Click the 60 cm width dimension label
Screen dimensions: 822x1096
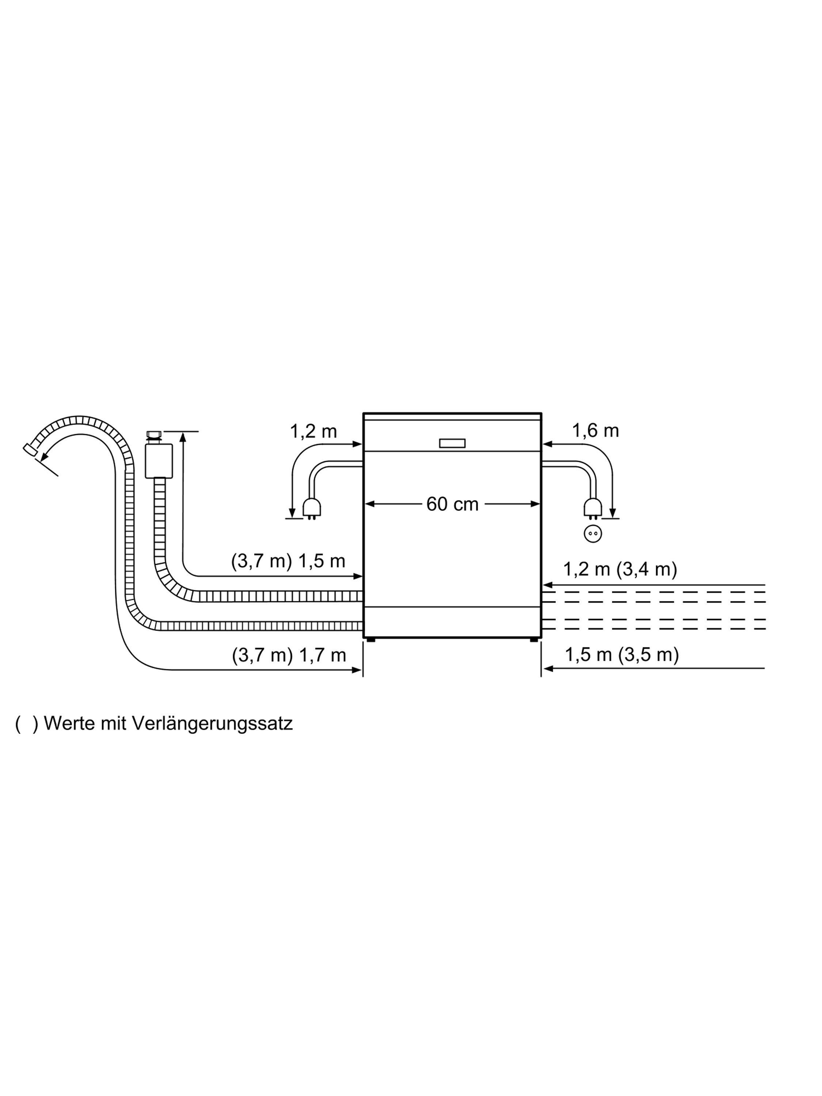pos(452,505)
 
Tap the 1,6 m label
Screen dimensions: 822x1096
pos(595,431)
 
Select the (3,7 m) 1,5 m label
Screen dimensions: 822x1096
pos(288,562)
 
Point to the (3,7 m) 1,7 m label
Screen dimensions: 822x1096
pos(289,655)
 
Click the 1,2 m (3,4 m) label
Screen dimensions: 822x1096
pos(620,569)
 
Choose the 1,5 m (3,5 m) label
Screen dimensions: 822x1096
pos(622,655)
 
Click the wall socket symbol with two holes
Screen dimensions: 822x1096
pos(593,534)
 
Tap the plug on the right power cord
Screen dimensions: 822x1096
pos(593,509)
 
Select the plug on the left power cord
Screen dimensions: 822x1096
pos(312,509)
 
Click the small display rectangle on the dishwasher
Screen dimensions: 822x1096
pos(452,443)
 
